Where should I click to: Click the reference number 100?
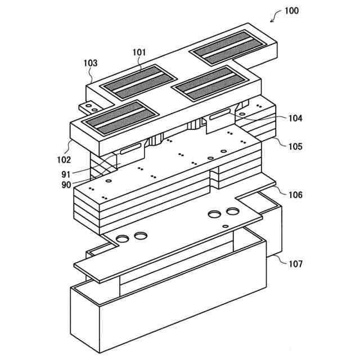coord(292,10)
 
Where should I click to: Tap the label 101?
coord(139,52)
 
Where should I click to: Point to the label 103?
coord(90,64)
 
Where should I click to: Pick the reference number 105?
coord(295,147)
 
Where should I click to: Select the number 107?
coord(295,263)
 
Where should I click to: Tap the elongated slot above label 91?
coord(130,148)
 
